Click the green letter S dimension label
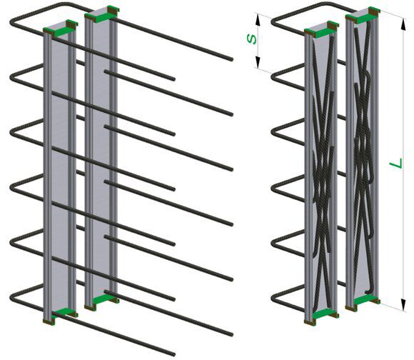pyautogui.click(x=252, y=39)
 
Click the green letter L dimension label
pyautogui.click(x=396, y=163)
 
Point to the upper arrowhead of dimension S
pyautogui.click(x=258, y=20)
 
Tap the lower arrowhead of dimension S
pyautogui.click(x=258, y=61)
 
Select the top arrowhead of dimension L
pyautogui.click(x=403, y=24)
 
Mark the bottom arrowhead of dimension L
pyautogui.click(x=403, y=304)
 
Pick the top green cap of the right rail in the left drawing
pyautogui.click(x=102, y=14)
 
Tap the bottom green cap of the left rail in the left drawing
pyautogui.click(x=61, y=315)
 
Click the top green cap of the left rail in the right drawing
pyautogui.click(x=321, y=29)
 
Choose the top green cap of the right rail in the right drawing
pyautogui.click(x=363, y=15)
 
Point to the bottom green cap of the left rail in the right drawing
pyautogui.click(x=322, y=316)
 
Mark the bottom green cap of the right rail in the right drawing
pyautogui.click(x=363, y=302)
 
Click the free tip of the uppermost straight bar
pyautogui.click(x=231, y=59)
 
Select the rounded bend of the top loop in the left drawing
pyautogui.click(x=12, y=21)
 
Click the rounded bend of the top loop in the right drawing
pyautogui.click(x=273, y=22)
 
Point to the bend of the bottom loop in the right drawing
pyautogui.click(x=273, y=298)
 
